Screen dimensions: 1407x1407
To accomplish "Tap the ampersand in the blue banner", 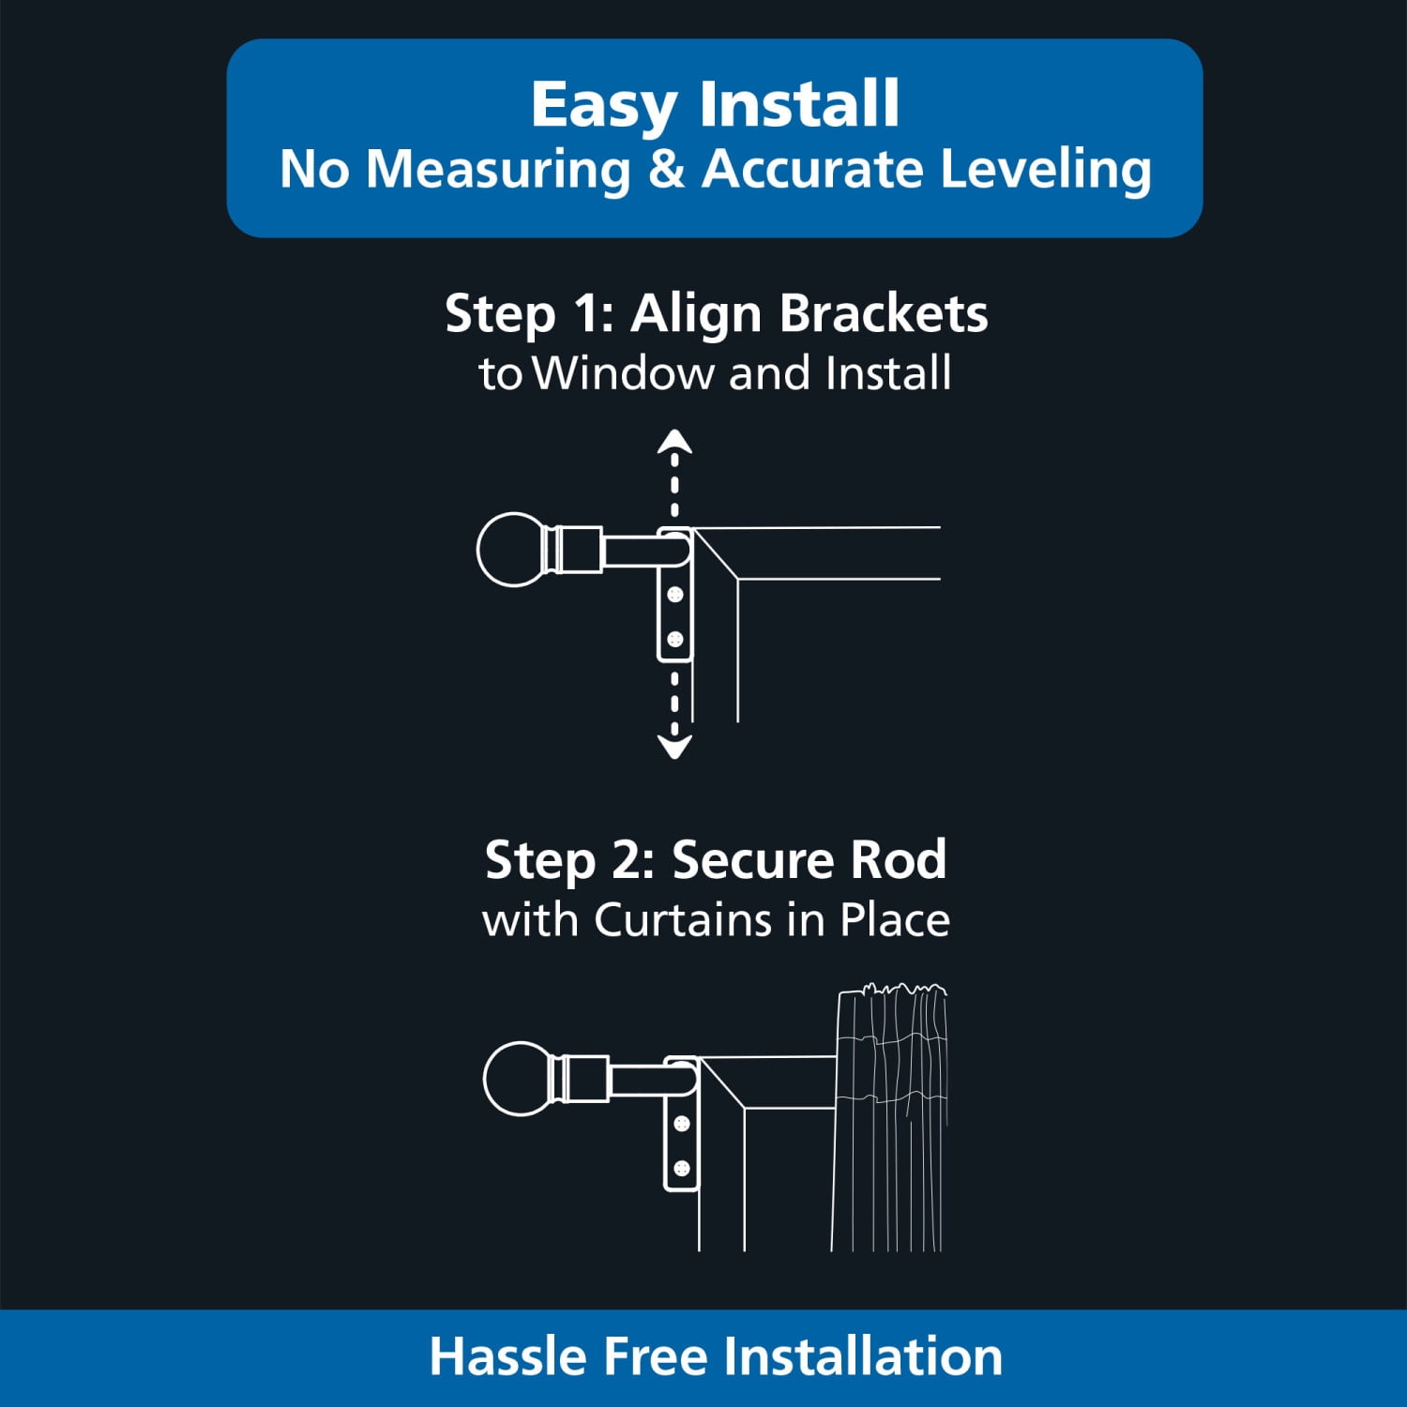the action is click(x=666, y=170).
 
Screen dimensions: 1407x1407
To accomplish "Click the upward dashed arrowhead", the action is click(x=674, y=442).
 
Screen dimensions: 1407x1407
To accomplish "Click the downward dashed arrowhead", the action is click(x=674, y=746).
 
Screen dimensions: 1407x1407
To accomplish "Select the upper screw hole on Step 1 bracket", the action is click(x=674, y=595).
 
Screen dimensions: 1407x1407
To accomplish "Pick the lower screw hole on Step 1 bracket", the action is click(x=674, y=640).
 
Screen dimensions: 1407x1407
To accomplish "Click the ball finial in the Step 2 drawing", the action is click(x=519, y=1079).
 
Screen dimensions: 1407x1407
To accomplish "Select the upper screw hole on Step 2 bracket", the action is click(x=682, y=1123).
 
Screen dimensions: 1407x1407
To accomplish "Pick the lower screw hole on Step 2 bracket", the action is click(x=682, y=1168).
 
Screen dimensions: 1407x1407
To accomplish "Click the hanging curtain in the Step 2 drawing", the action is click(x=890, y=1116).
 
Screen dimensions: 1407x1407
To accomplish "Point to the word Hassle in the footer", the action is click(x=510, y=1357).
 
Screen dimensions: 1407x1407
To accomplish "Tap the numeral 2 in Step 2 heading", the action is click(x=628, y=860).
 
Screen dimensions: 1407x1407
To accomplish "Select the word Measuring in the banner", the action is click(x=498, y=172).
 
